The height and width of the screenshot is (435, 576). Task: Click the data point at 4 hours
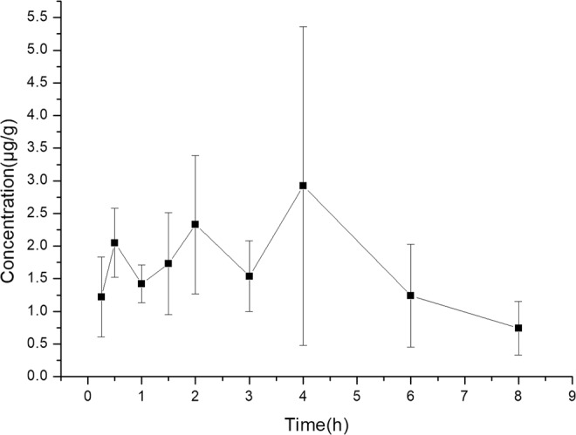click(x=303, y=186)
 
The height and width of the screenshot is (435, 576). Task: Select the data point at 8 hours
click(x=518, y=328)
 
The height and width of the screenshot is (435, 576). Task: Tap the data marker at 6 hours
click(x=410, y=296)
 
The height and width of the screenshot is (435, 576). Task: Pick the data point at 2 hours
click(x=195, y=224)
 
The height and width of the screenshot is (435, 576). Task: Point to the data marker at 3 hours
click(x=249, y=276)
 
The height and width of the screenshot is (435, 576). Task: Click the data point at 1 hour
click(x=141, y=283)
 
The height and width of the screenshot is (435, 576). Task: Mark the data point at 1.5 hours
click(x=168, y=263)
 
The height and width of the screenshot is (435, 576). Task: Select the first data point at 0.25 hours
click(x=101, y=296)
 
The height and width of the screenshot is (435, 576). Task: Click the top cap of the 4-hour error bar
click(x=303, y=27)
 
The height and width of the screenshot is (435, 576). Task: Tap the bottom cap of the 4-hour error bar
click(x=303, y=345)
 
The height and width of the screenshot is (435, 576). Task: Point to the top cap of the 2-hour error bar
click(x=195, y=155)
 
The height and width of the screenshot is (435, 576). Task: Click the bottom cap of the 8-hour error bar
click(x=518, y=355)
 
